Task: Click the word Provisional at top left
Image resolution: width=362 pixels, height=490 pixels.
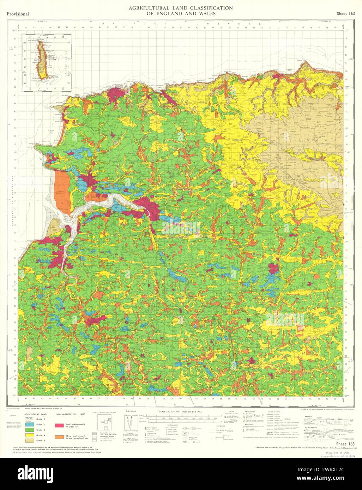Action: [x=17, y=14]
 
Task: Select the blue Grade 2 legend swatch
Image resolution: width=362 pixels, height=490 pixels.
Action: [x=29, y=425]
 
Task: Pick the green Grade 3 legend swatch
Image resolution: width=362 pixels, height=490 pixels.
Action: [x=29, y=430]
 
